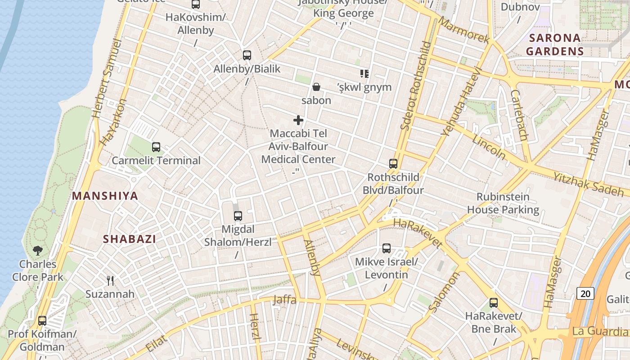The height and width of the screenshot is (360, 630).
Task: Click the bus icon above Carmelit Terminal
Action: click(156, 147)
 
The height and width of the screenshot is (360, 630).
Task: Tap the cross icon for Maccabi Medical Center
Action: click(298, 120)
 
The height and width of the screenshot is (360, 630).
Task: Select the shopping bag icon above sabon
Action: click(316, 87)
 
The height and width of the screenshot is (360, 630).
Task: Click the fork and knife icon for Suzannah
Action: click(110, 281)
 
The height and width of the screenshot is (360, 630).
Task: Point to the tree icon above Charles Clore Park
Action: click(38, 251)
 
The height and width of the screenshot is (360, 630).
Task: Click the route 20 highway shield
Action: click(585, 294)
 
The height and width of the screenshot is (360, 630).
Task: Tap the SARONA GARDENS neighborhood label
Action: click(555, 45)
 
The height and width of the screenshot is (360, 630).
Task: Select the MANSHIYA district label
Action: click(105, 196)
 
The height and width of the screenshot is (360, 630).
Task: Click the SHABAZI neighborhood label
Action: click(130, 239)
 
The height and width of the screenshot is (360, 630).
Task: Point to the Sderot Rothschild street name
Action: click(415, 85)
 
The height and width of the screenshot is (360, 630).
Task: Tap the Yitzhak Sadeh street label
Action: click(588, 184)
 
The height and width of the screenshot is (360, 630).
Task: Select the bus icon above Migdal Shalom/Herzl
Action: click(238, 216)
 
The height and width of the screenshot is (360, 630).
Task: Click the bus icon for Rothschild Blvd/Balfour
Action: click(393, 164)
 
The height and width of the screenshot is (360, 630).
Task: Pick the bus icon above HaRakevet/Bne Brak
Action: click(494, 303)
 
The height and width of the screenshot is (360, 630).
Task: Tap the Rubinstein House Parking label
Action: click(503, 203)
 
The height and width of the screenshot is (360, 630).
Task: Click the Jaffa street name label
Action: click(284, 300)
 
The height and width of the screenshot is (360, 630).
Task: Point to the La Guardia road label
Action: click(600, 332)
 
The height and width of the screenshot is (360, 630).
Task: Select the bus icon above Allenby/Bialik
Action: click(247, 55)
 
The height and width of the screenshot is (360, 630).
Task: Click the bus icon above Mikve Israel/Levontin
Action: click(387, 248)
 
